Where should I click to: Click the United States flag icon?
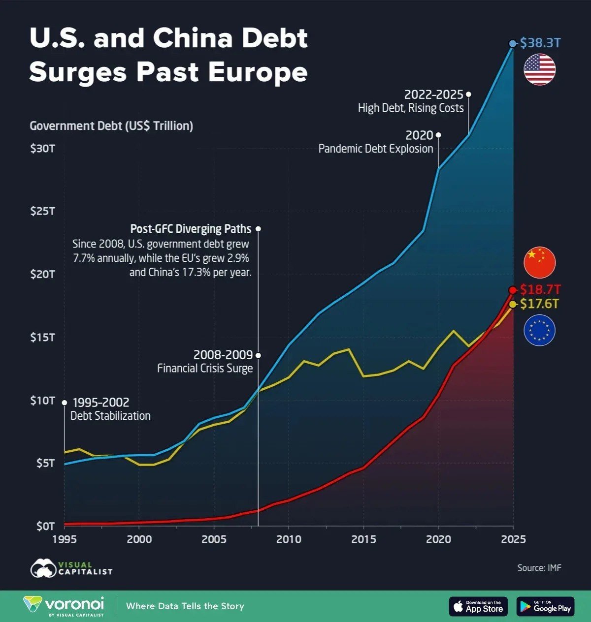pyautogui.click(x=539, y=69)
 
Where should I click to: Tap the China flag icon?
pyautogui.click(x=539, y=262)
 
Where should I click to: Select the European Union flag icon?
pyautogui.click(x=539, y=330)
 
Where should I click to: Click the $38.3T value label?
pyautogui.click(x=540, y=43)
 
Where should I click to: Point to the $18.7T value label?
pyautogui.click(x=540, y=290)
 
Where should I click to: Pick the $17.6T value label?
pyautogui.click(x=540, y=304)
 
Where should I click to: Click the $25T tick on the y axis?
pyautogui.click(x=42, y=211)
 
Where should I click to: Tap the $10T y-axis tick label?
pyautogui.click(x=42, y=401)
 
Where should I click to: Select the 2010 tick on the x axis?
pyautogui.click(x=289, y=539)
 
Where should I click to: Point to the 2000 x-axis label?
pyautogui.click(x=139, y=539)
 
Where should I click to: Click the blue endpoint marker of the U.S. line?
pyautogui.click(x=513, y=44)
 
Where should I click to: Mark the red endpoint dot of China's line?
pyautogui.click(x=513, y=290)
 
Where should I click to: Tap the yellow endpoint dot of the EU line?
pyautogui.click(x=513, y=304)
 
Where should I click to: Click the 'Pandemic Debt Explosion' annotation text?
pyautogui.click(x=376, y=149)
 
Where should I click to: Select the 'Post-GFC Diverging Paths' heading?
pyautogui.click(x=191, y=229)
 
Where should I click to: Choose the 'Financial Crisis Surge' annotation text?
pyautogui.click(x=205, y=368)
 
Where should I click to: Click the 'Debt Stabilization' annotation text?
pyautogui.click(x=110, y=416)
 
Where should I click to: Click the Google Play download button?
pyautogui.click(x=545, y=606)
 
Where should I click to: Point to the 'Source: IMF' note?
pyautogui.click(x=539, y=568)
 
